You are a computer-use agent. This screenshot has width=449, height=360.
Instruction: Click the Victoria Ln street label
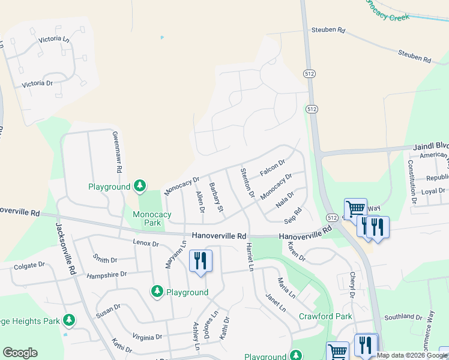tap(53, 39)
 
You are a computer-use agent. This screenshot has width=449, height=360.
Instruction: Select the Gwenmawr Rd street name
tap(118, 153)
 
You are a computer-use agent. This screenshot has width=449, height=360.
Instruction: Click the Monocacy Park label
tap(152, 218)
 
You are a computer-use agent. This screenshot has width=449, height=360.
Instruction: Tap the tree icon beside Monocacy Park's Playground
tap(140, 186)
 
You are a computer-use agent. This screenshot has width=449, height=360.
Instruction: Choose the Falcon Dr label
tap(273, 168)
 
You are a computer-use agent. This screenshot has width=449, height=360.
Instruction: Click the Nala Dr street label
tap(285, 199)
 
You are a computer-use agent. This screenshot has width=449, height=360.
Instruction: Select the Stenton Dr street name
tap(248, 182)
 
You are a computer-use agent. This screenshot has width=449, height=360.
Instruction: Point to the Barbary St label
tap(216, 197)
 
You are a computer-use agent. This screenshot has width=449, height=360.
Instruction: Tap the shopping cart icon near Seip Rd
tap(355, 208)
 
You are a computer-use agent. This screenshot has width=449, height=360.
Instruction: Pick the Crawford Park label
tap(327, 316)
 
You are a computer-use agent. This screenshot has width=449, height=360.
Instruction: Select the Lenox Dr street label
tap(146, 243)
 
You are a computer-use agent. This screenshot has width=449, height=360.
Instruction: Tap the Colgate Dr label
tap(29, 265)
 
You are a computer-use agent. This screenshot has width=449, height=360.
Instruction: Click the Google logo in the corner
tap(20, 353)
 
